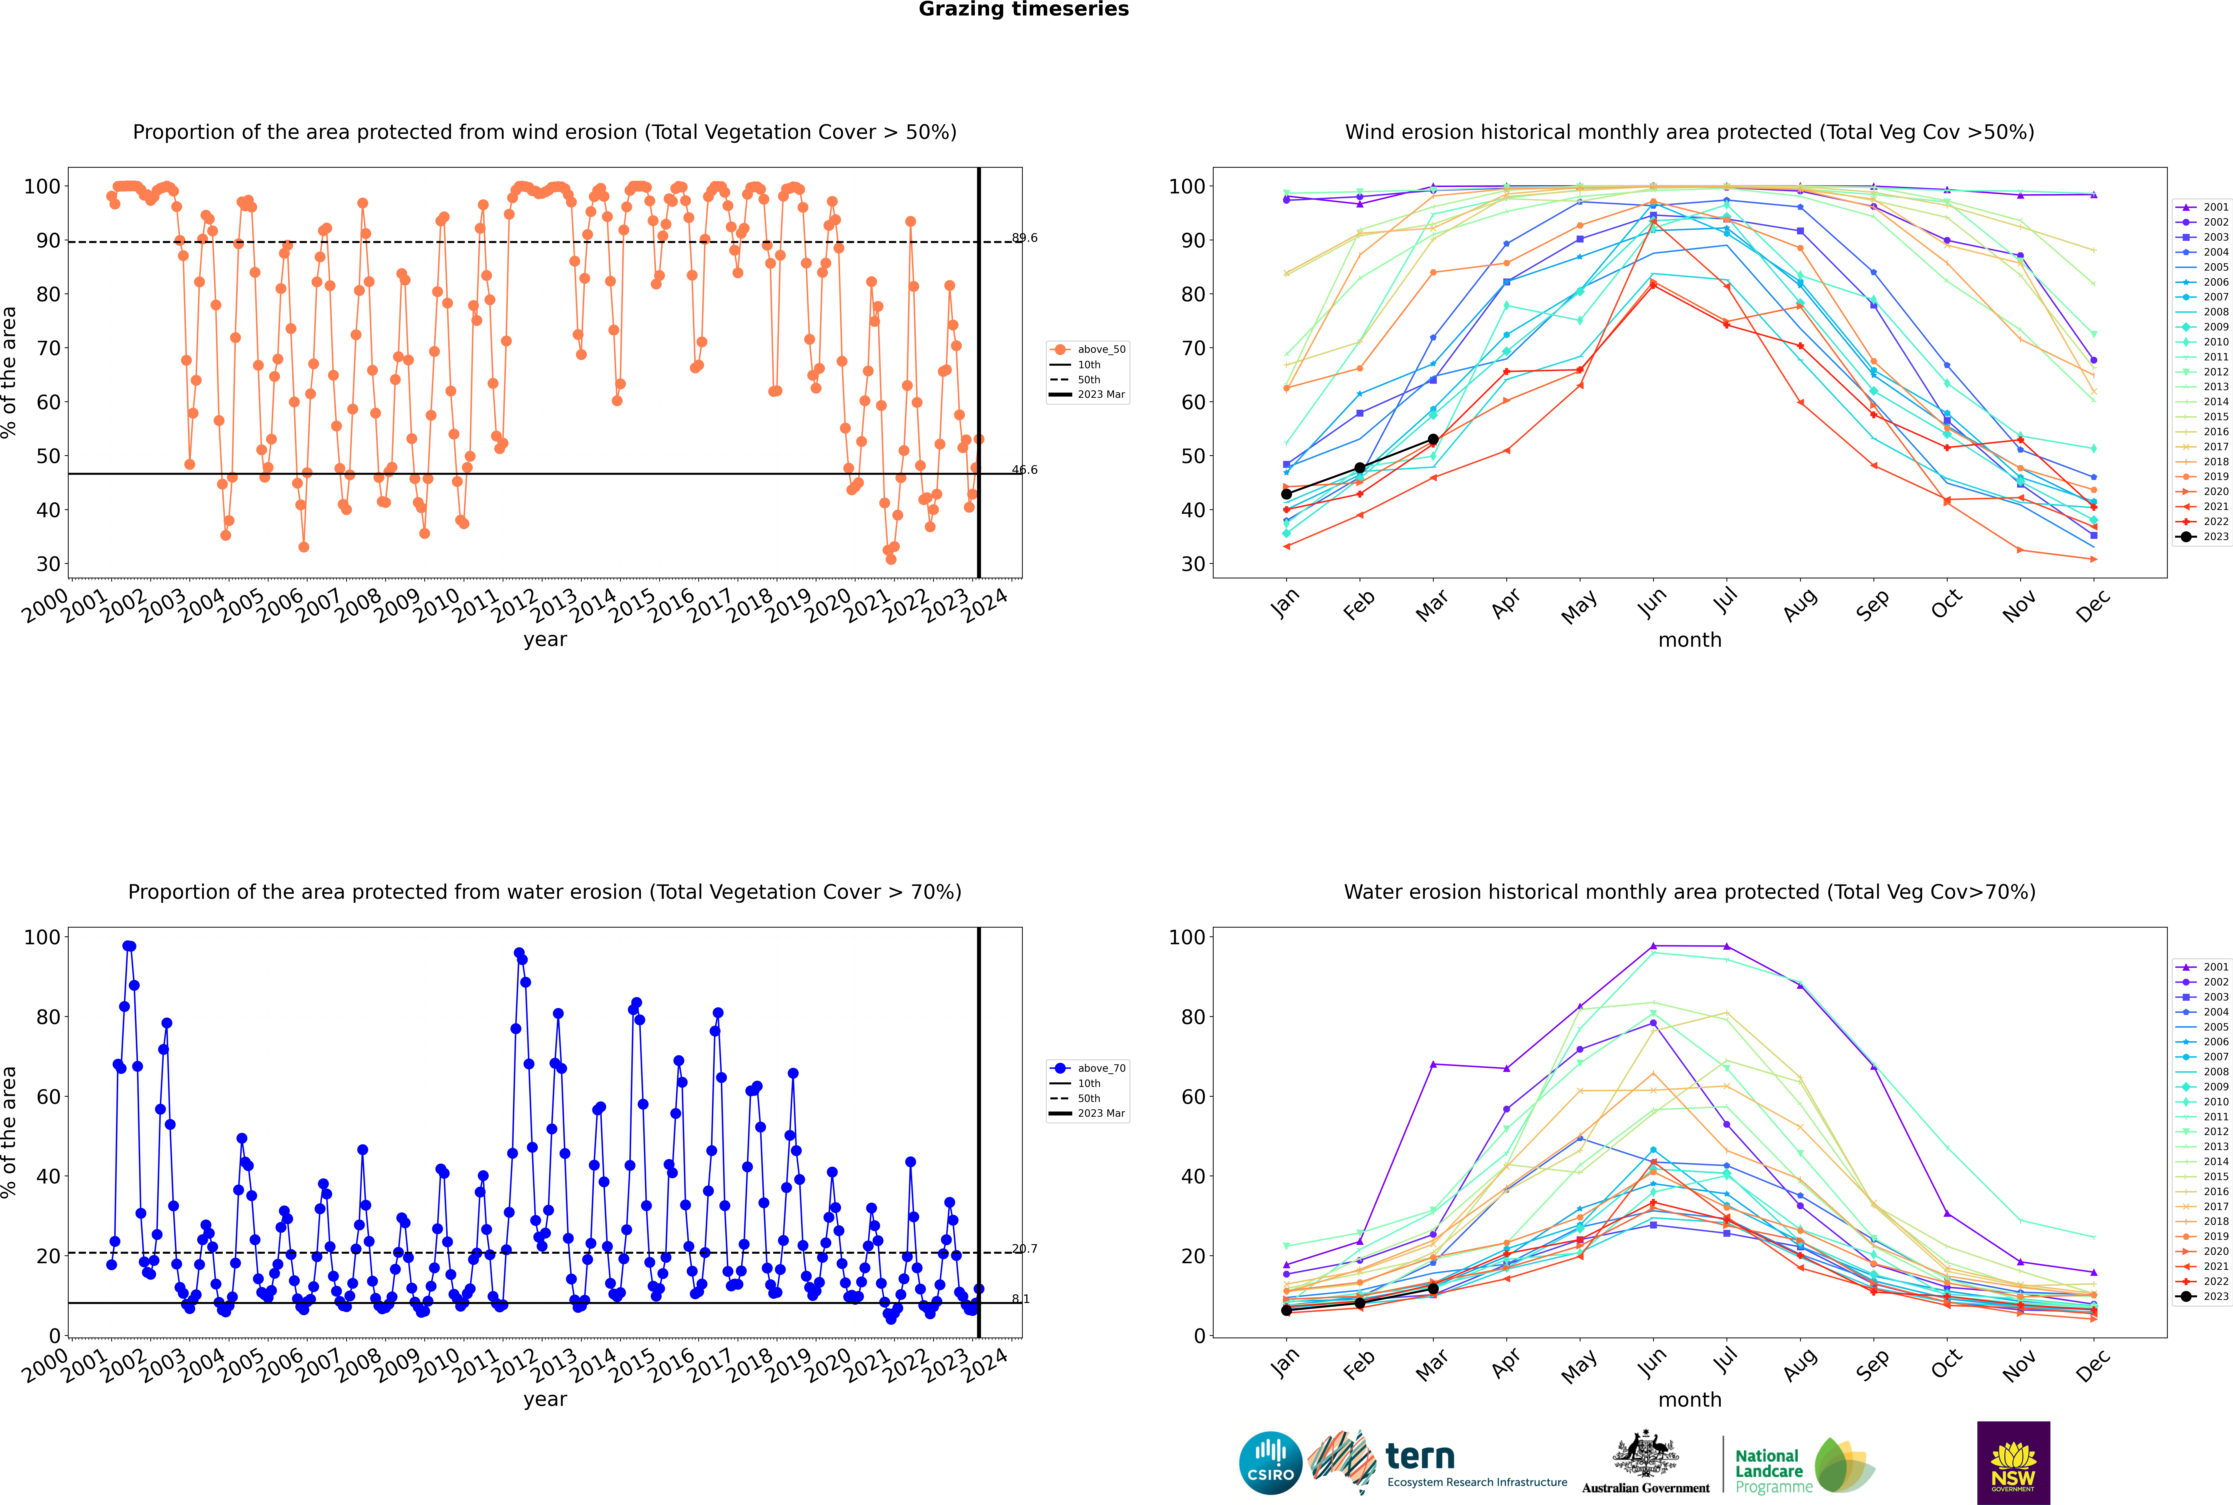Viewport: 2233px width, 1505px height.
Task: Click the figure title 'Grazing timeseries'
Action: click(1023, 10)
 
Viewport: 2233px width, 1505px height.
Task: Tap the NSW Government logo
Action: click(2013, 1462)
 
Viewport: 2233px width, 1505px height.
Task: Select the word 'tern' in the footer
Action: click(1420, 1456)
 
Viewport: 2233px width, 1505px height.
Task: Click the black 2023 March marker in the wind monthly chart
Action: click(1433, 439)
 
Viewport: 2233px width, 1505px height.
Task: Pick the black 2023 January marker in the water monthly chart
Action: click(1286, 1310)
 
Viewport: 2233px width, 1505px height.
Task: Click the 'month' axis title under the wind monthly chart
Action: click(1690, 640)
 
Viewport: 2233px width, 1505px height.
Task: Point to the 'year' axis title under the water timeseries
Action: click(545, 1399)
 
